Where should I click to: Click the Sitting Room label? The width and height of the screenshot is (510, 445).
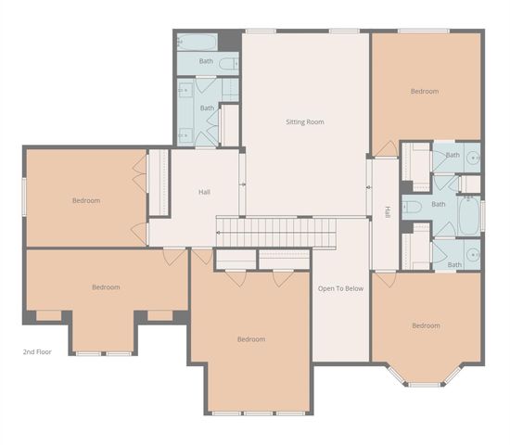pyautogui.click(x=304, y=122)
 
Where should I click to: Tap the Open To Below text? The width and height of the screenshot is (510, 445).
pyautogui.click(x=340, y=288)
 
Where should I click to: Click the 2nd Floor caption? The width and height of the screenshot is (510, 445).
pyautogui.click(x=37, y=352)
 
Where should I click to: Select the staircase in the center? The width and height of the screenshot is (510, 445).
pyautogui.click(x=275, y=232)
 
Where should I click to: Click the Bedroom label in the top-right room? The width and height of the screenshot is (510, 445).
pyautogui.click(x=425, y=91)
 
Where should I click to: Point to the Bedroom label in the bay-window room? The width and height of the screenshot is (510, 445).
pyautogui.click(x=425, y=325)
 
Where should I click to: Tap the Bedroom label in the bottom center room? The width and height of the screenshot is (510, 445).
pyautogui.click(x=250, y=339)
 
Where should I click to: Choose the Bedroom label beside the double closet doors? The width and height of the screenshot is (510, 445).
pyautogui.click(x=85, y=200)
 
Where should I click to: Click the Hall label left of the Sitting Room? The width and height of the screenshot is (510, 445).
pyautogui.click(x=205, y=192)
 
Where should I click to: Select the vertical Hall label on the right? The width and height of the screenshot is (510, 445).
pyautogui.click(x=387, y=212)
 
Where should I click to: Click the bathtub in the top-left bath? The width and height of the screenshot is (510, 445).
pyautogui.click(x=197, y=42)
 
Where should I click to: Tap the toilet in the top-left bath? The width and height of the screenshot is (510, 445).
pyautogui.click(x=229, y=63)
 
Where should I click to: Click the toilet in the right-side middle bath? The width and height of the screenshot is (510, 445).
pyautogui.click(x=413, y=206)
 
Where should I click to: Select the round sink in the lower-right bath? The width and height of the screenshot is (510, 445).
pyautogui.click(x=471, y=253)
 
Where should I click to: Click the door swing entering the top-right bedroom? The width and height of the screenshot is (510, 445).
pyautogui.click(x=384, y=148)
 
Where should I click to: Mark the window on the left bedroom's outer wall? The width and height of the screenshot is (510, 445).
pyautogui.click(x=24, y=196)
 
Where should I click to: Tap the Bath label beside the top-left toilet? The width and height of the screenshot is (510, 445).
pyautogui.click(x=206, y=62)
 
